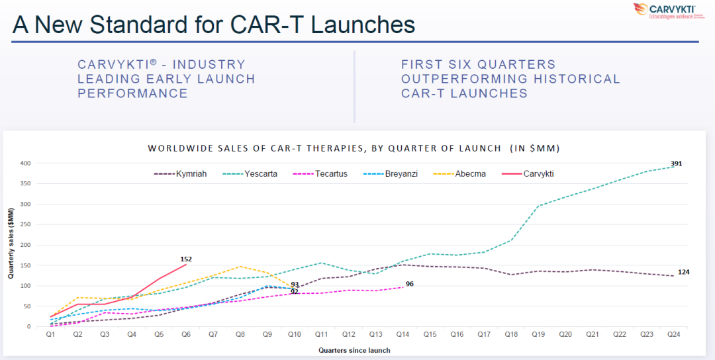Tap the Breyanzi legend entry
[401, 174]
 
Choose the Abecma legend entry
[470, 174]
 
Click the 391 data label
[676, 163]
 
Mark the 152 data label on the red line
[186, 259]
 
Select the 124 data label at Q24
[684, 273]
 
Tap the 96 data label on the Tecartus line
[409, 284]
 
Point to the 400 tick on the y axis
[25, 163]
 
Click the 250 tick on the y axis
[25, 224]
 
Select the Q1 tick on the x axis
[50, 336]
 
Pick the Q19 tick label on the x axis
[538, 336]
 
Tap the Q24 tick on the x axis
[674, 336]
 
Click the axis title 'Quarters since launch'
[354, 350]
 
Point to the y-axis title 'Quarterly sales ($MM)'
[11, 246]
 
